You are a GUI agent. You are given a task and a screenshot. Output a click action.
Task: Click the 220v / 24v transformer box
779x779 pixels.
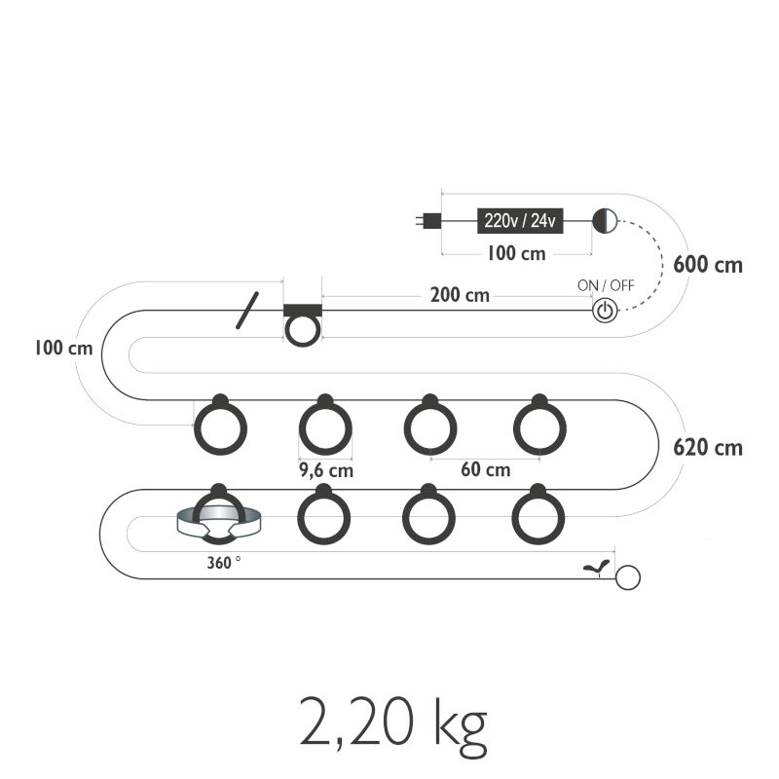(520, 221)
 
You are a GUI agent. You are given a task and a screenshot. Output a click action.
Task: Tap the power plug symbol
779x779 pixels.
(428, 221)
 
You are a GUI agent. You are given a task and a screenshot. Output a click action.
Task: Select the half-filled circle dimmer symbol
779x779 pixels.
(605, 221)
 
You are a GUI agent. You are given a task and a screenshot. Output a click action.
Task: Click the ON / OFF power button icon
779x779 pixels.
(605, 311)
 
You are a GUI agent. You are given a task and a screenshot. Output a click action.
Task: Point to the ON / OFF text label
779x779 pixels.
(606, 285)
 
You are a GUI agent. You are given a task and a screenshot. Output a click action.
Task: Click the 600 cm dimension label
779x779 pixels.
(708, 264)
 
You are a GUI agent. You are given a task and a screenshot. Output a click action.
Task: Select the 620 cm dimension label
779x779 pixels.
(708, 448)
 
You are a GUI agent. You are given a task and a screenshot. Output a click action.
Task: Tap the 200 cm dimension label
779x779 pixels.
(460, 295)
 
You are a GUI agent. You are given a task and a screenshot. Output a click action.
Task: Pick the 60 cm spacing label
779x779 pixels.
(485, 469)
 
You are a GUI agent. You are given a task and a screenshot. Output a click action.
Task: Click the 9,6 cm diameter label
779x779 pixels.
(326, 470)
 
